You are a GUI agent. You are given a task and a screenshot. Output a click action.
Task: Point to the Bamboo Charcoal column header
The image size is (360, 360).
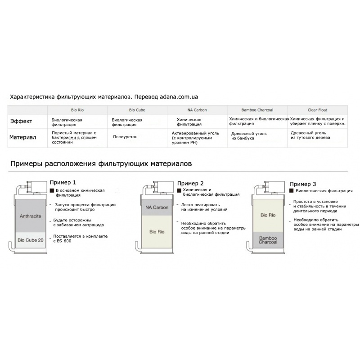[257, 110]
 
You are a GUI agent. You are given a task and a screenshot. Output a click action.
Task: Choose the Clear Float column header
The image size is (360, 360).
[318, 110]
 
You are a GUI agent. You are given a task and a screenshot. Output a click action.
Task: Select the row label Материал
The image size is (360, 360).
[22, 137]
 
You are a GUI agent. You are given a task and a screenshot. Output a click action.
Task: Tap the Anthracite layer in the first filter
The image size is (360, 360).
[31, 216]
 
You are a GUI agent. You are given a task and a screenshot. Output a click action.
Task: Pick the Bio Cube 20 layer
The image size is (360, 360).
[31, 240]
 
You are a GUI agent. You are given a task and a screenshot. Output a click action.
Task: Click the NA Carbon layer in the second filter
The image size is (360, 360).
[157, 207]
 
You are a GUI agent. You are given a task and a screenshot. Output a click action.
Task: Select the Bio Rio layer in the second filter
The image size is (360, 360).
[157, 232]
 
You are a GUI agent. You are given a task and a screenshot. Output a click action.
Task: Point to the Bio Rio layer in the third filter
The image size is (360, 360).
[268, 215]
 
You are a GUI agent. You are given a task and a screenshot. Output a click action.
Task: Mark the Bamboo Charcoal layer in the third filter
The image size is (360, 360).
[268, 240]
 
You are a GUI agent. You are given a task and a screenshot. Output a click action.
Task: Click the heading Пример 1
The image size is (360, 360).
[63, 183]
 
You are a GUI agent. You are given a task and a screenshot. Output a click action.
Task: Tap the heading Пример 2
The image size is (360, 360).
[190, 184]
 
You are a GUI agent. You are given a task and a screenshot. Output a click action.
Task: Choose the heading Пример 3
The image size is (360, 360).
[302, 184]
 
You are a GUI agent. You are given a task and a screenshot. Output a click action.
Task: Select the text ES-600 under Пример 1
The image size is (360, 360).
[65, 241]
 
